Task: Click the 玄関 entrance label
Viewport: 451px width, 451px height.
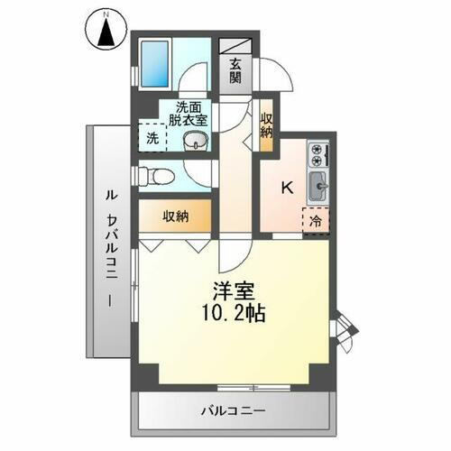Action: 235,71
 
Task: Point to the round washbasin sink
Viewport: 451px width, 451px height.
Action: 194,141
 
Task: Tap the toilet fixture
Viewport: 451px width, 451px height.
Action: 154,174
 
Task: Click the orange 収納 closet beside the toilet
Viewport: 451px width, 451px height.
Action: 176,216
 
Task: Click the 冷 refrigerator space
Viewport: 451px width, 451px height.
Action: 317,219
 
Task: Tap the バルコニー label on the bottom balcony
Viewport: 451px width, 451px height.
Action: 232,412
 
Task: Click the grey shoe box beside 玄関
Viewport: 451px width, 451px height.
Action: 235,44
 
